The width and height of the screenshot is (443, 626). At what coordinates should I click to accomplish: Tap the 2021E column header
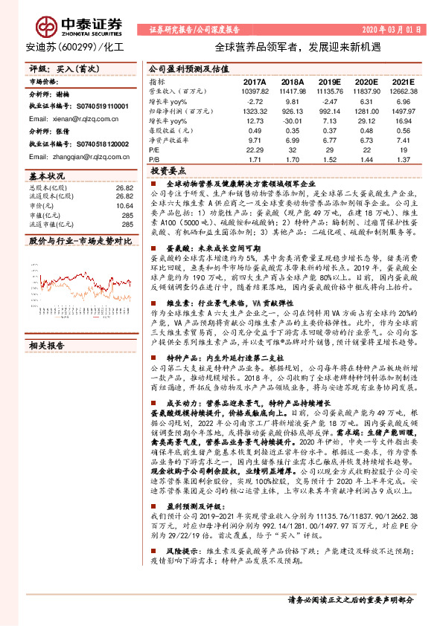403,83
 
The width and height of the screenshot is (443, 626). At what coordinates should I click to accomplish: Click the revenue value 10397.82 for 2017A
252,91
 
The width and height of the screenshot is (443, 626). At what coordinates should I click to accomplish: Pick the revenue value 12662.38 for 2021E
403,91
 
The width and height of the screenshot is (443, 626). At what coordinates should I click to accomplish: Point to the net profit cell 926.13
292,110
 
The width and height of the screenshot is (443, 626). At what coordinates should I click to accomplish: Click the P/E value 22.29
255,149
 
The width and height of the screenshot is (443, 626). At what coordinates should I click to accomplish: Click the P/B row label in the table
154,158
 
